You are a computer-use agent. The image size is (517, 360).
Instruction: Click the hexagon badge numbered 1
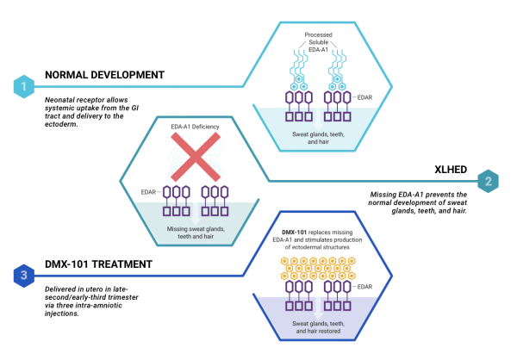coord(24,86)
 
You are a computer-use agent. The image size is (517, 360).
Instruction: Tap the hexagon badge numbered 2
coord(487,181)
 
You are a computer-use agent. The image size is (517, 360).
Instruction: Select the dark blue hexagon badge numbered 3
coord(24,275)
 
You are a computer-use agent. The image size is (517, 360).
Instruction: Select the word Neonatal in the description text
coord(63,100)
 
